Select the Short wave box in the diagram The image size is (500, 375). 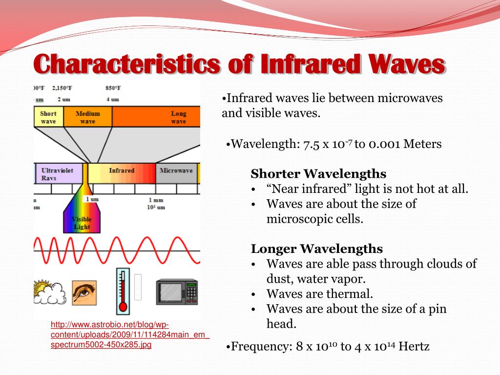[48, 118]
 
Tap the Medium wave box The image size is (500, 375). [87, 118]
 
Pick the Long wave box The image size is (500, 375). [178, 118]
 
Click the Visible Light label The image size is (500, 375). [82, 223]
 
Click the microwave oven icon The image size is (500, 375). [176, 292]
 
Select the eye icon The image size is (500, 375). [84, 292]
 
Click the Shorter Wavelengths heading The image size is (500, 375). [318, 174]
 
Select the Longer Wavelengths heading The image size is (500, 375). [316, 249]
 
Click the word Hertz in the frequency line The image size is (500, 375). [414, 347]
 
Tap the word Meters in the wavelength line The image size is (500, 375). [424, 145]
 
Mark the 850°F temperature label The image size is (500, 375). [112, 88]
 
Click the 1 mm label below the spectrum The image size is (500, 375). [156, 200]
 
